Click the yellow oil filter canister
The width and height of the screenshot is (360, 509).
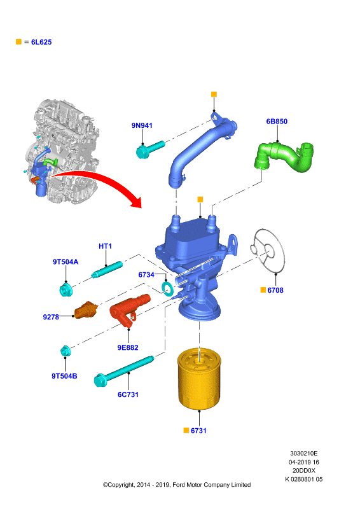(199, 379)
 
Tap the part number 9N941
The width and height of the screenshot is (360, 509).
(142, 125)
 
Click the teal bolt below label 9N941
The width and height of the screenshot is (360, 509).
(150, 149)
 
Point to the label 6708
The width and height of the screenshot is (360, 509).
(275, 290)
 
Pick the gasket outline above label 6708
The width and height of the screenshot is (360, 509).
(268, 250)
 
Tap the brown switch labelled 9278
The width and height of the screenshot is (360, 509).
(86, 310)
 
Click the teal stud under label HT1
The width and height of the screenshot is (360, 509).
(107, 270)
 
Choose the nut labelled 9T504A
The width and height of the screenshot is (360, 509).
(66, 289)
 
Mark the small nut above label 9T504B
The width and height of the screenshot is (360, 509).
(66, 351)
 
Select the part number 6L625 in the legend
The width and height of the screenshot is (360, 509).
(41, 42)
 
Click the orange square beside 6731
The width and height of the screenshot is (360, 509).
(186, 431)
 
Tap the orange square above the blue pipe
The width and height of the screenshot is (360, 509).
(214, 94)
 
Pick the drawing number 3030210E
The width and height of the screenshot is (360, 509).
(304, 453)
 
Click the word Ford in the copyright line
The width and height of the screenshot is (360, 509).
(179, 485)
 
